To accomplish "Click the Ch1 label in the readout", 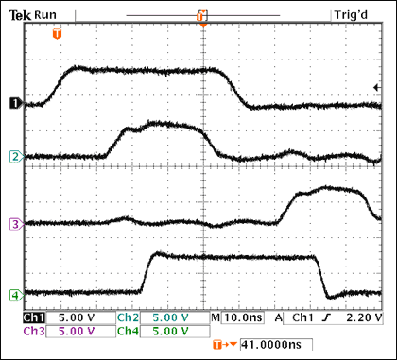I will (x=32, y=318).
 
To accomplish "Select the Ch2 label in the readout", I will (x=128, y=318).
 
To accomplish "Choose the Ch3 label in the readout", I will (x=32, y=333).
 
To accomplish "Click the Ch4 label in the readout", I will (x=128, y=333).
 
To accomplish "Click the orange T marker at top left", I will (x=58, y=33).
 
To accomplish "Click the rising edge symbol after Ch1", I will (x=324, y=318).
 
